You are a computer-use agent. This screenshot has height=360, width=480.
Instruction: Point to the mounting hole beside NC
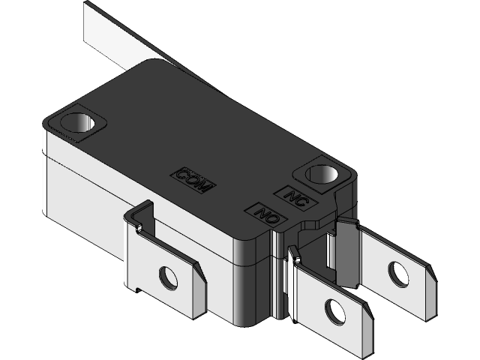coord(324,175)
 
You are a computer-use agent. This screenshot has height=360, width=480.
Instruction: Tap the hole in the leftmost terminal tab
coord(169,279)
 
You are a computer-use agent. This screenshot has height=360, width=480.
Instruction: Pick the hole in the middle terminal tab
coord(334,310)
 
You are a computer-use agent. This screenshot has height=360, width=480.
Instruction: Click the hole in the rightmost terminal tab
coord(398,274)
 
